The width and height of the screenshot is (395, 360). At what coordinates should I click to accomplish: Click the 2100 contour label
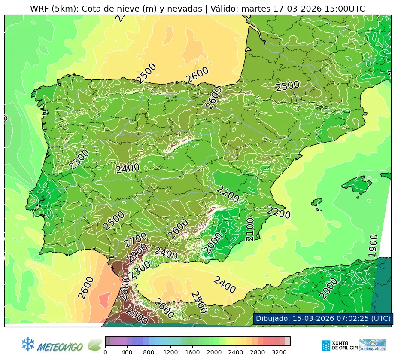point(250,229)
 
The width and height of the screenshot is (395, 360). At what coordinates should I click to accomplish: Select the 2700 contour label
point(136,240)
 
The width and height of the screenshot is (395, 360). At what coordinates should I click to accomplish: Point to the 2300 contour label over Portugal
point(79,159)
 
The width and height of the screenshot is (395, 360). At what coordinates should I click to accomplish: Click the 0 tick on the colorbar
point(105,352)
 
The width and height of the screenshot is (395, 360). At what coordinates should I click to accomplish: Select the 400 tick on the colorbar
point(127,352)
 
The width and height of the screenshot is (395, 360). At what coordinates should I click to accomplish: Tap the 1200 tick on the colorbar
point(170,352)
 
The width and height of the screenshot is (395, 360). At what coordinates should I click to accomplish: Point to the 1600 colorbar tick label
point(192,352)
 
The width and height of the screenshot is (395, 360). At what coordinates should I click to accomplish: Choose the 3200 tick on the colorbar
point(279,352)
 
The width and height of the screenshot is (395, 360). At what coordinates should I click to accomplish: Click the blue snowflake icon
point(28,344)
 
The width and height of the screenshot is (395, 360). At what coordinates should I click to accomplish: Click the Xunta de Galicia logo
point(339,345)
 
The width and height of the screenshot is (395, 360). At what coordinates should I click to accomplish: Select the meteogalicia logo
point(373,345)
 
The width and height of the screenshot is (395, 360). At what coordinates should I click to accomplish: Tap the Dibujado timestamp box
point(322,318)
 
